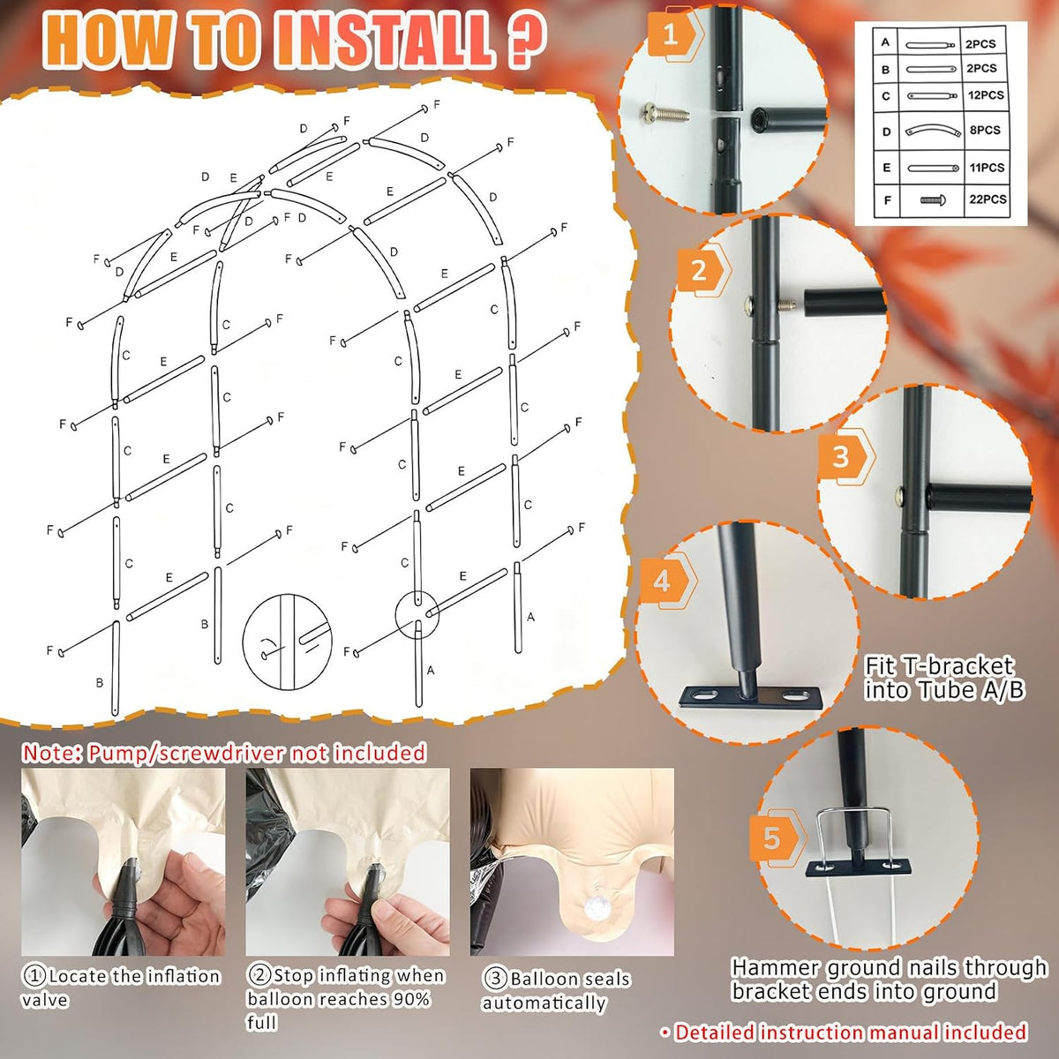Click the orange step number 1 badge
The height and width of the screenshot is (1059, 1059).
[673, 35]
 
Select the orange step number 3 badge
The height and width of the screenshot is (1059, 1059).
[845, 456]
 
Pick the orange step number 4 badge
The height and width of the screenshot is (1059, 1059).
[666, 581]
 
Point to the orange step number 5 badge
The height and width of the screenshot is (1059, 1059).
[777, 839]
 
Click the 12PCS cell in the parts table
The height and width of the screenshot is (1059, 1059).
[986, 95]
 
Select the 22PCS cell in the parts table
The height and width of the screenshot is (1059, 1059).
[988, 199]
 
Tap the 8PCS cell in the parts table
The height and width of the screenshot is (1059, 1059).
[986, 131]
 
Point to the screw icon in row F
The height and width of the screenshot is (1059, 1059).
[935, 200]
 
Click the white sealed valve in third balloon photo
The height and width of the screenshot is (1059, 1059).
[595, 911]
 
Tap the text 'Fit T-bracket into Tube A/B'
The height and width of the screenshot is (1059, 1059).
[944, 678]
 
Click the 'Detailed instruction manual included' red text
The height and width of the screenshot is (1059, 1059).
[845, 1032]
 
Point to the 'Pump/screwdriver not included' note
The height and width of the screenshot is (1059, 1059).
[224, 753]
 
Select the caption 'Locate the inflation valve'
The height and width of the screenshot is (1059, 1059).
[121, 988]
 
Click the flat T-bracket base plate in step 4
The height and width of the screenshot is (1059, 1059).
[749, 698]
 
